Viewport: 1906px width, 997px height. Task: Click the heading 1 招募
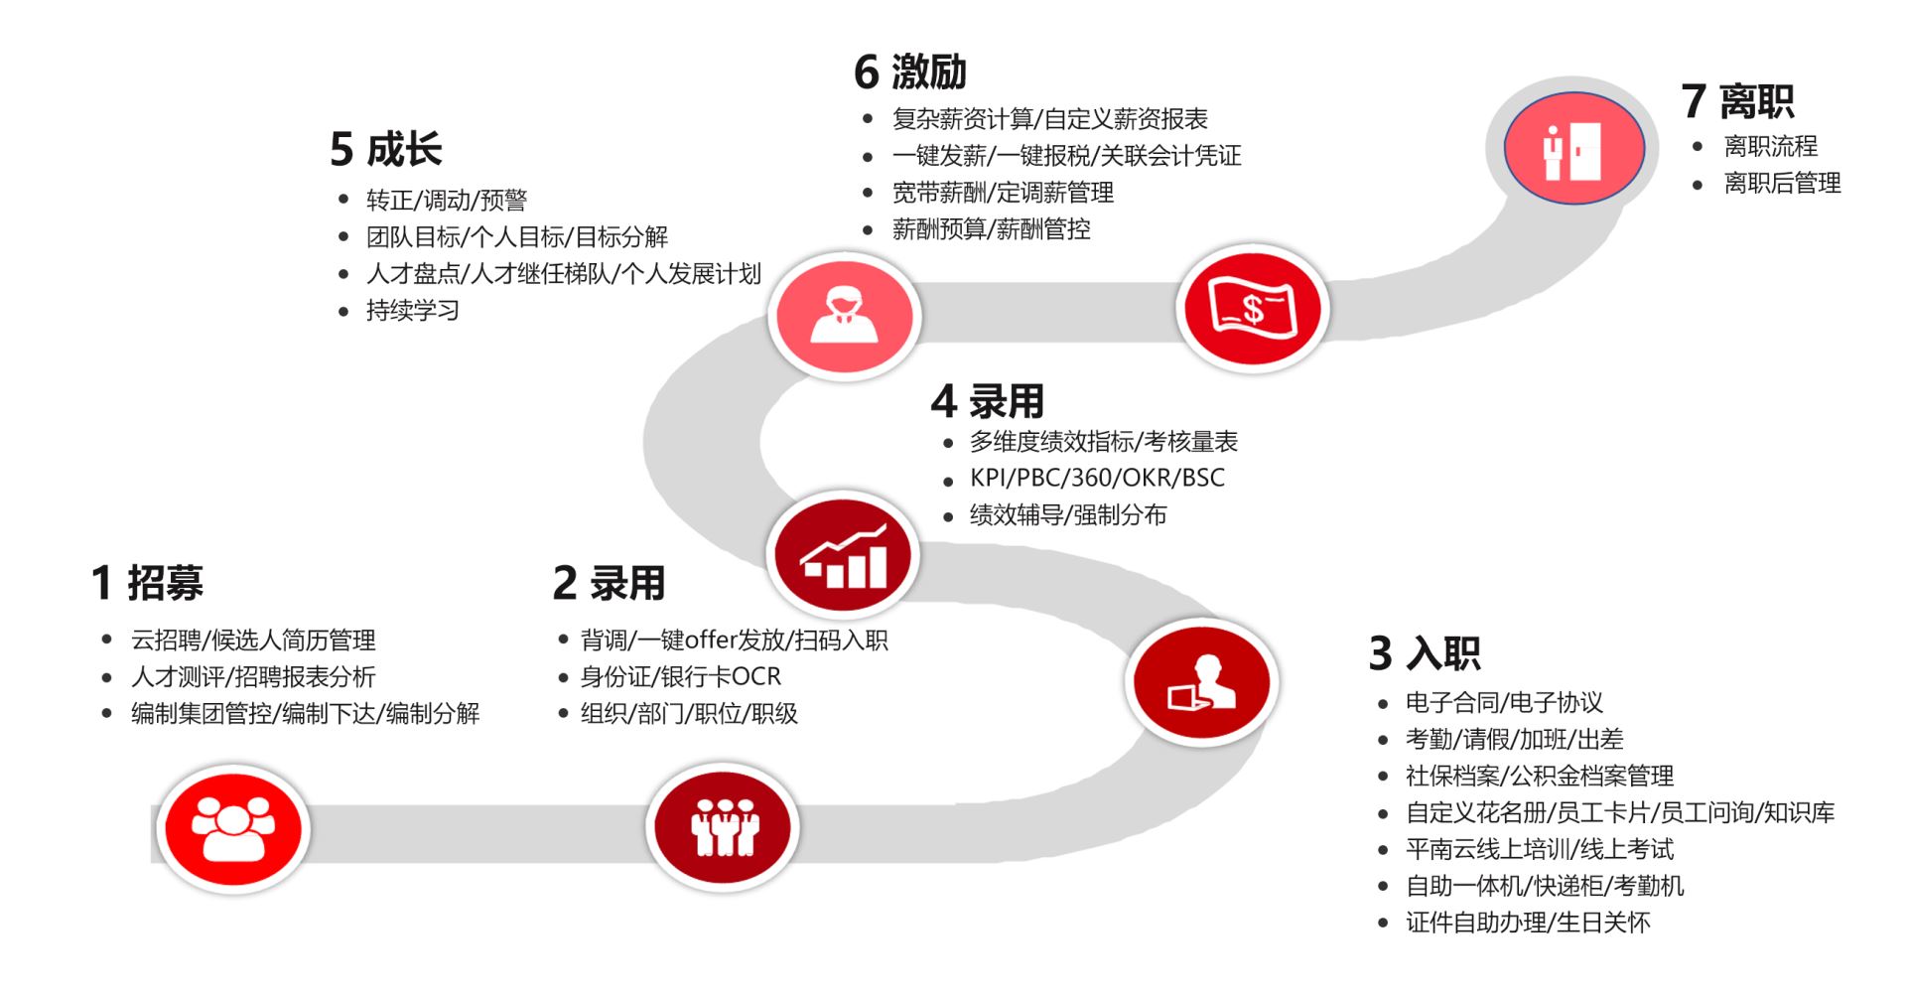pyautogui.click(x=147, y=583)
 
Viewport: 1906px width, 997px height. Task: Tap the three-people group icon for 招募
pyautogui.click(x=233, y=829)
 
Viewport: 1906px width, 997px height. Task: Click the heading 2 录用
pyautogui.click(x=609, y=583)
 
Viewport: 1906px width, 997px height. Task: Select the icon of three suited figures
pyautogui.click(x=724, y=827)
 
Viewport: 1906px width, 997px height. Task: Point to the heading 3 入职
pyautogui.click(x=1425, y=653)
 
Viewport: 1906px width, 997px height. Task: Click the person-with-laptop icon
pyautogui.click(x=1202, y=682)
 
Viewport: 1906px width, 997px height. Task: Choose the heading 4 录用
pyautogui.click(x=988, y=401)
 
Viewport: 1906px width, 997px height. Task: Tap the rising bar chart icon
pyautogui.click(x=843, y=555)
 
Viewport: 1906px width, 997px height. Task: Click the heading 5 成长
pyautogui.click(x=385, y=149)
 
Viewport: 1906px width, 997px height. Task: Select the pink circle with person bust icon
pyautogui.click(x=845, y=315)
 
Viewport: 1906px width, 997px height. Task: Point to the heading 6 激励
pyautogui.click(x=910, y=71)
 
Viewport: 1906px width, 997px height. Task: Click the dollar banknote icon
pyautogui.click(x=1253, y=309)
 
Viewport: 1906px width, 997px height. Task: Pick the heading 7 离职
pyautogui.click(x=1737, y=101)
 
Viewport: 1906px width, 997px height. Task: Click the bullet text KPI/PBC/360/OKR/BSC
pyautogui.click(x=1097, y=478)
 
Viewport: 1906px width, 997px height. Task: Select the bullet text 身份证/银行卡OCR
pyautogui.click(x=681, y=677)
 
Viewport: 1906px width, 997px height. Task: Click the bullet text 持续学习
pyautogui.click(x=413, y=311)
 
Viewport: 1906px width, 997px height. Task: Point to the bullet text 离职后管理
pyautogui.click(x=1782, y=183)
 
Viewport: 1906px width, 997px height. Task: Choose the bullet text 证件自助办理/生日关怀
pyautogui.click(x=1528, y=923)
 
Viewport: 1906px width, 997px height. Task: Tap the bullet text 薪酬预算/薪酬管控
pyautogui.click(x=991, y=229)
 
